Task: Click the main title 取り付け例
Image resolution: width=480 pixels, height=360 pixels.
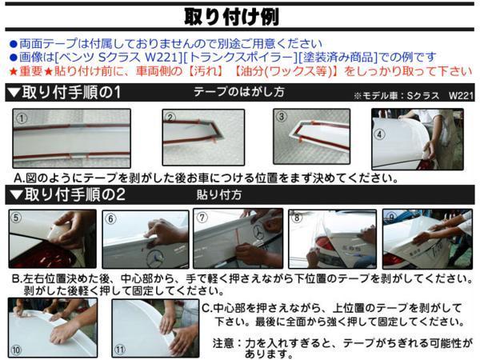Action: [x=232, y=17]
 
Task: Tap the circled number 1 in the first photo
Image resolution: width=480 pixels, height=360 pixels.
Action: [x=22, y=118]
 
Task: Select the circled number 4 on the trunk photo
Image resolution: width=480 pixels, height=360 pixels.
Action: [x=379, y=134]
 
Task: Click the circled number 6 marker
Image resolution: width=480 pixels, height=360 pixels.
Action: [x=111, y=218]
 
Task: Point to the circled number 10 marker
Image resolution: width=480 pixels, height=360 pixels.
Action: [x=16, y=350]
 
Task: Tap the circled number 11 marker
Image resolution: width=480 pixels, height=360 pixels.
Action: [x=120, y=350]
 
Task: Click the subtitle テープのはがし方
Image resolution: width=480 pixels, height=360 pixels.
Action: [x=239, y=91]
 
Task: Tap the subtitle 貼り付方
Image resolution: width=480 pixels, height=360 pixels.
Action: [x=219, y=194]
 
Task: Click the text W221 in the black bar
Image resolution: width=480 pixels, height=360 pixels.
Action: [x=461, y=95]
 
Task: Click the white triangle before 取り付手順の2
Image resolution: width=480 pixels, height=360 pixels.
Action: [x=16, y=194]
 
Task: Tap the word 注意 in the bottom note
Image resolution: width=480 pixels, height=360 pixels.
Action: [x=223, y=343]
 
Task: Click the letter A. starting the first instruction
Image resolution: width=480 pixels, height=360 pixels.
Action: [x=19, y=178]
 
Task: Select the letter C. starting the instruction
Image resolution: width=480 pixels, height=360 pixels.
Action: [x=207, y=308]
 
